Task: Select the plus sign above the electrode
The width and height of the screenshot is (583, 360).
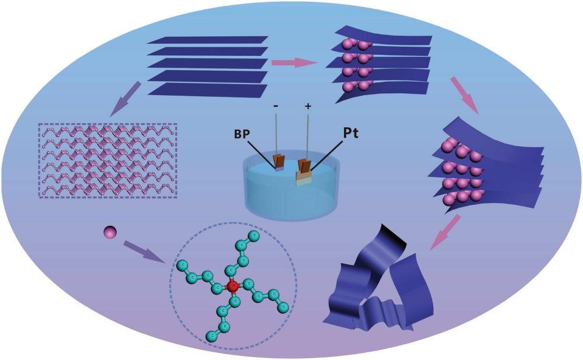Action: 307,106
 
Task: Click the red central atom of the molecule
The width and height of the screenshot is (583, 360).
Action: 233,286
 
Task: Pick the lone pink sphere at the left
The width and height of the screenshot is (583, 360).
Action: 110,233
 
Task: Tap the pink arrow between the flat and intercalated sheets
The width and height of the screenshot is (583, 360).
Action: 294,62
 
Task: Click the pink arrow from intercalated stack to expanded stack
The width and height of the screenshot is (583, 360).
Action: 464,95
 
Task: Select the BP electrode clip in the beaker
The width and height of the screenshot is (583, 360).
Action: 280,162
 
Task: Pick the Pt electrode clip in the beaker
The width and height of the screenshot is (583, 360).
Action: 304,169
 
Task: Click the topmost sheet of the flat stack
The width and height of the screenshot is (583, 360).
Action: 207,40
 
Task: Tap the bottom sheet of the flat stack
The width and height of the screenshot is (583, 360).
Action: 207,89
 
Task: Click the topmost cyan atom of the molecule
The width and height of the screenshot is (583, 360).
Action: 254,236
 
